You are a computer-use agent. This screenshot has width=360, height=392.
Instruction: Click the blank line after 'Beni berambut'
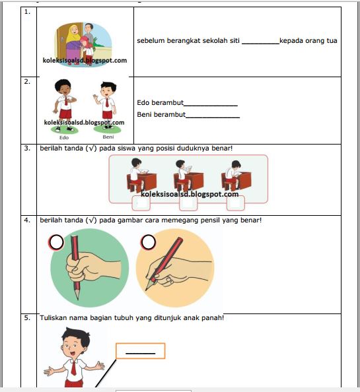[212, 115]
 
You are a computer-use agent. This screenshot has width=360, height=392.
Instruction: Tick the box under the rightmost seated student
[235, 202]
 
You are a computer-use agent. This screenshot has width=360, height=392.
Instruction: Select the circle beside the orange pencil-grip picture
[147, 244]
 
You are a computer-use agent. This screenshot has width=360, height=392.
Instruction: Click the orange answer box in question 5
[140, 350]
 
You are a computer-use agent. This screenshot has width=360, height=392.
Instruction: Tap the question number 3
[28, 148]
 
